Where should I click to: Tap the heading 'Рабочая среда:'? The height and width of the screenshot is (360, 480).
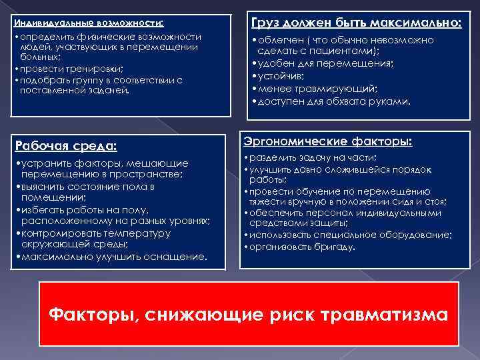point(65,145)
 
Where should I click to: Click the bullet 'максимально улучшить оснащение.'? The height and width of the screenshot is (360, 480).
point(111,256)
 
